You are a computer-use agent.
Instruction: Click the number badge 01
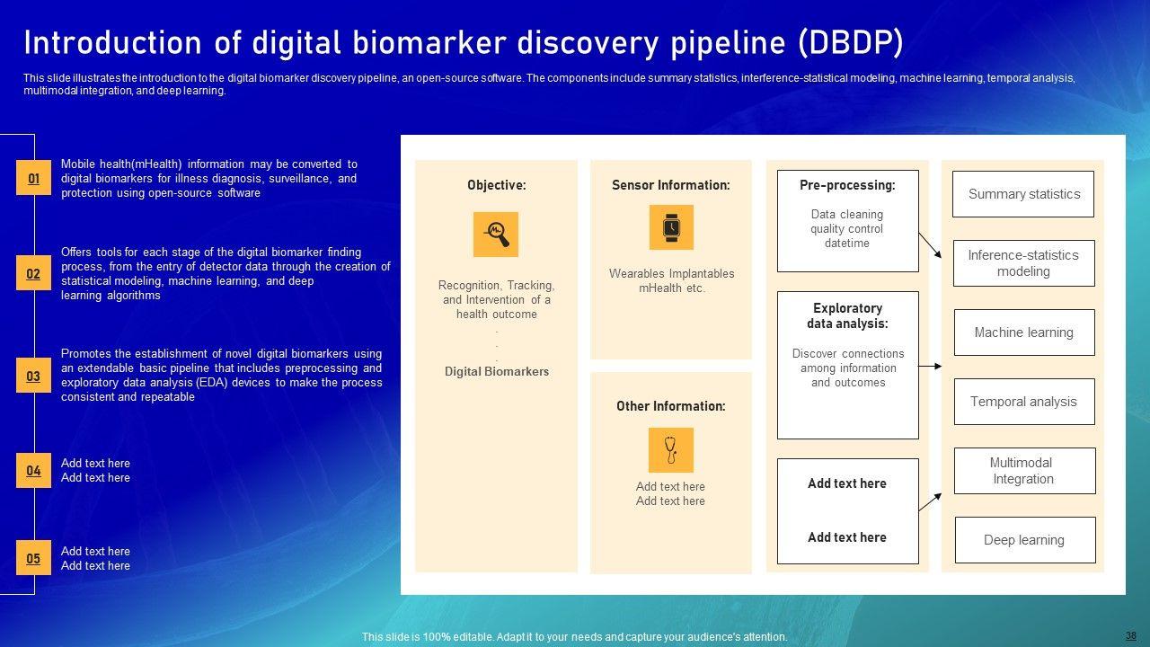click(33, 179)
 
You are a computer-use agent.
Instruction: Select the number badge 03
click(33, 377)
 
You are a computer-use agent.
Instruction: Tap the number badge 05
click(33, 559)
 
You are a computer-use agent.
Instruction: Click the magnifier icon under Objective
click(496, 235)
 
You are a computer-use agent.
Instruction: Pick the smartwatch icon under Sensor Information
click(671, 227)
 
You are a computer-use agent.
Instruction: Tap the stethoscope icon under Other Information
click(671, 449)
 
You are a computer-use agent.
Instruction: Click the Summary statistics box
click(1023, 194)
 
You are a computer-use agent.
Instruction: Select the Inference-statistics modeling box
click(1023, 263)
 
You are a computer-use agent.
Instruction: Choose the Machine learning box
click(1023, 332)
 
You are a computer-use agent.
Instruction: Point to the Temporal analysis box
click(1023, 402)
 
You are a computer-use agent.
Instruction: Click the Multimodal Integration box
click(1023, 471)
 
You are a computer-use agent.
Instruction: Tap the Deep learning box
click(1023, 540)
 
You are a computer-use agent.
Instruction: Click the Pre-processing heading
click(847, 185)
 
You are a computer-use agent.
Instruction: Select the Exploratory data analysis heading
click(847, 315)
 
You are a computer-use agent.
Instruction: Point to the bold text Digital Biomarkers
click(496, 371)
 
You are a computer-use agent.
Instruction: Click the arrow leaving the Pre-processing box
click(930, 245)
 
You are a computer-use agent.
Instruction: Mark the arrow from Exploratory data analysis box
click(930, 367)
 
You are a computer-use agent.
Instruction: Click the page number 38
click(1130, 634)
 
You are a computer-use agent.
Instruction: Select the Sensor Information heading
click(671, 185)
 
